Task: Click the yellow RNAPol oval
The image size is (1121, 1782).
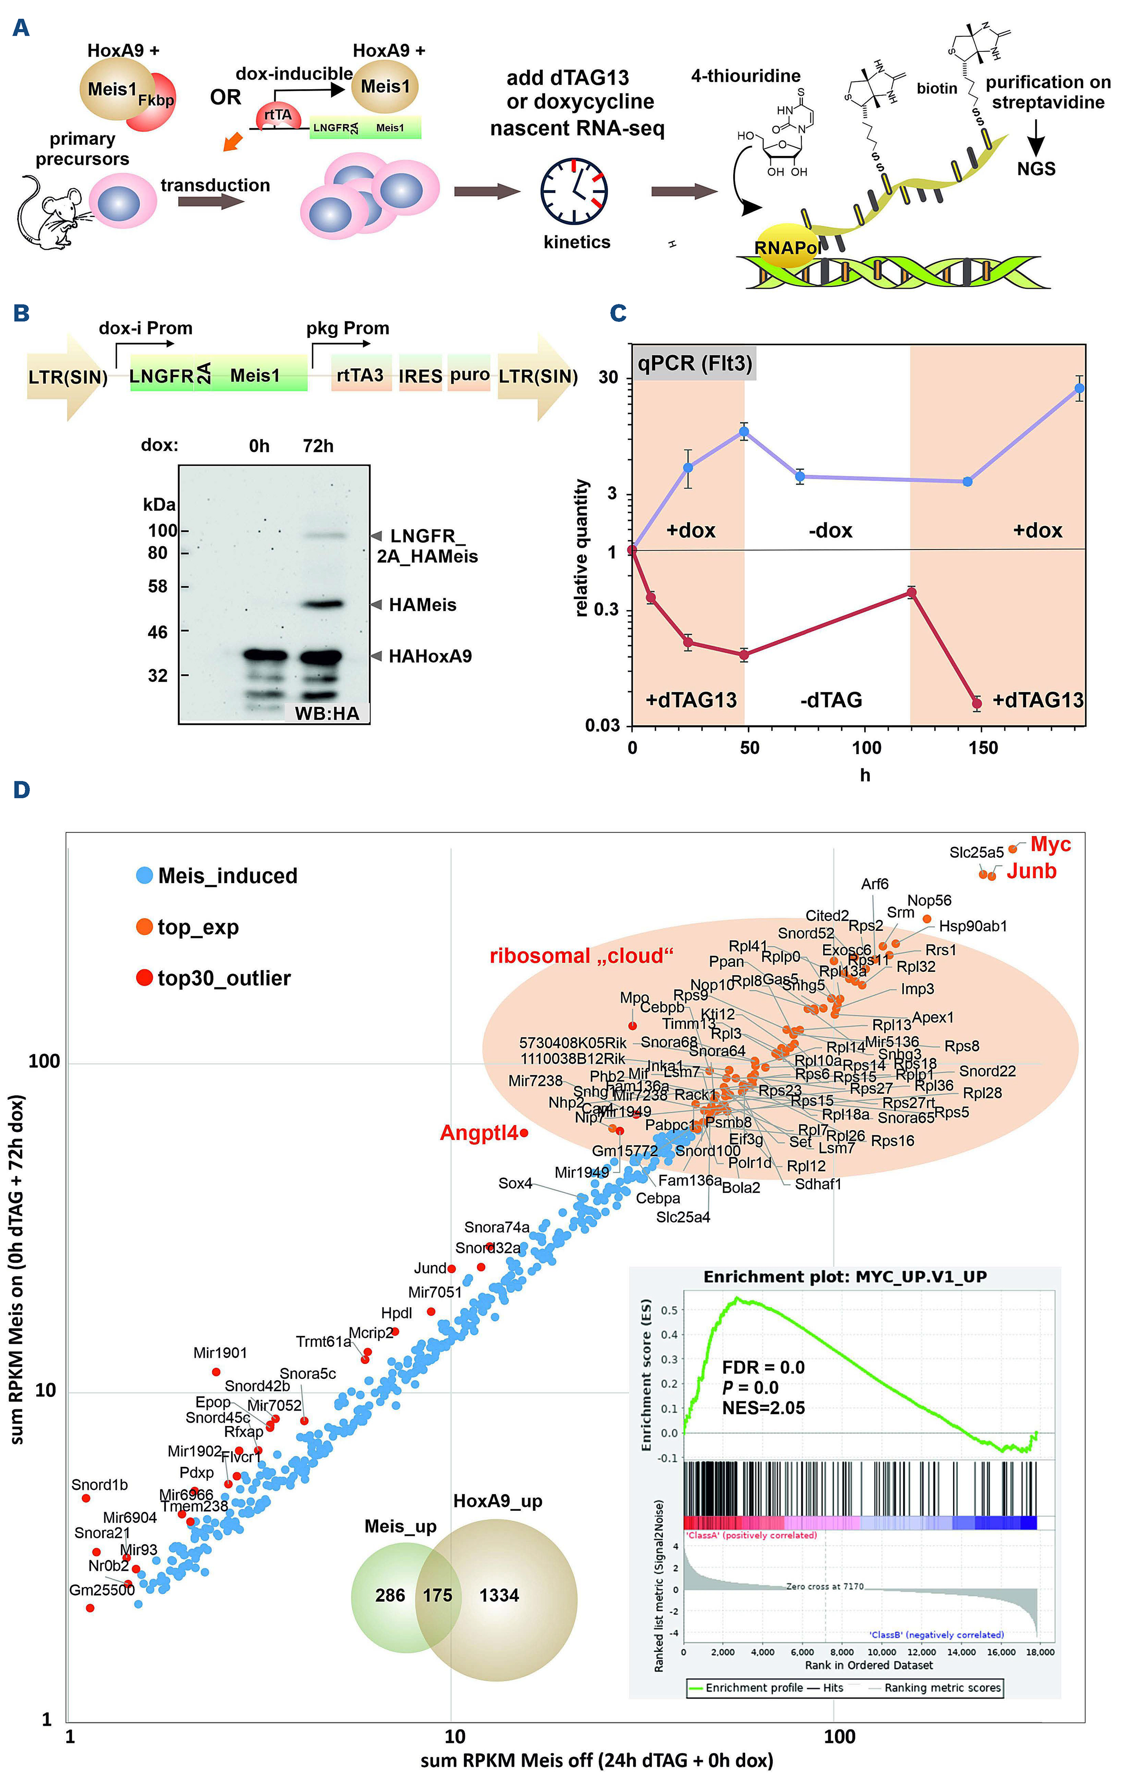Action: [786, 246]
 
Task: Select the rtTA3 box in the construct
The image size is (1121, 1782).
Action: [360, 376]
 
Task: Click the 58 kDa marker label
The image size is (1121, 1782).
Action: [158, 587]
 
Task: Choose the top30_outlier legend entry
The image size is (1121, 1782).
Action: [214, 978]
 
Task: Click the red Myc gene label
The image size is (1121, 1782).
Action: [1050, 845]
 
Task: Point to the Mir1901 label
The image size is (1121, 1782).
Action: [220, 1353]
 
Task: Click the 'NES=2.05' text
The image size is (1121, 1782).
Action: [763, 1407]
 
